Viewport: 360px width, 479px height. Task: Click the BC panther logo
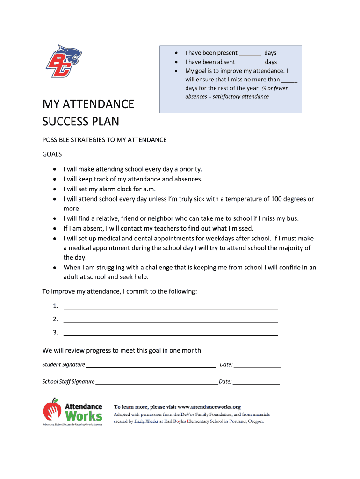point(64,60)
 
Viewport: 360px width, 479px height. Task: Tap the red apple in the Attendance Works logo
point(52,410)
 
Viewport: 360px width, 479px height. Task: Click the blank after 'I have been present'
point(250,53)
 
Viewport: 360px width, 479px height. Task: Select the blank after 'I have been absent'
point(251,62)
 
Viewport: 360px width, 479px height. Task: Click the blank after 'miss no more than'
point(289,80)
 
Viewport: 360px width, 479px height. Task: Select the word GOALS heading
point(52,154)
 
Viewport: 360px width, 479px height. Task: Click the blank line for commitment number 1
point(170,307)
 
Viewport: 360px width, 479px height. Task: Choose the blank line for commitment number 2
point(170,320)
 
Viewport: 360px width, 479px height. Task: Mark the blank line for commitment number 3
point(170,333)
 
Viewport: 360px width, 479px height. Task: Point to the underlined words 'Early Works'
point(144,421)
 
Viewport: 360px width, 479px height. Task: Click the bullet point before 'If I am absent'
point(55,228)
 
